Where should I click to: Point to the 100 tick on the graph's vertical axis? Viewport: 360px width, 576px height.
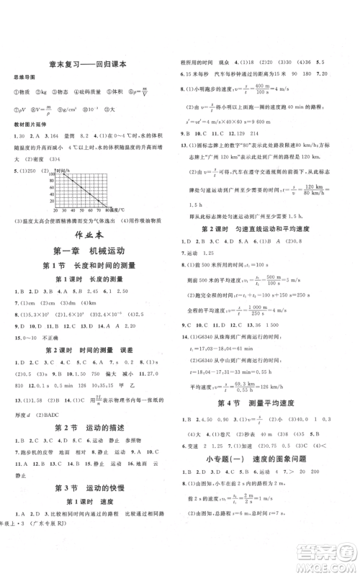52,174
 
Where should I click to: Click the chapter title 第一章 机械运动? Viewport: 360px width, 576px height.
89,251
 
